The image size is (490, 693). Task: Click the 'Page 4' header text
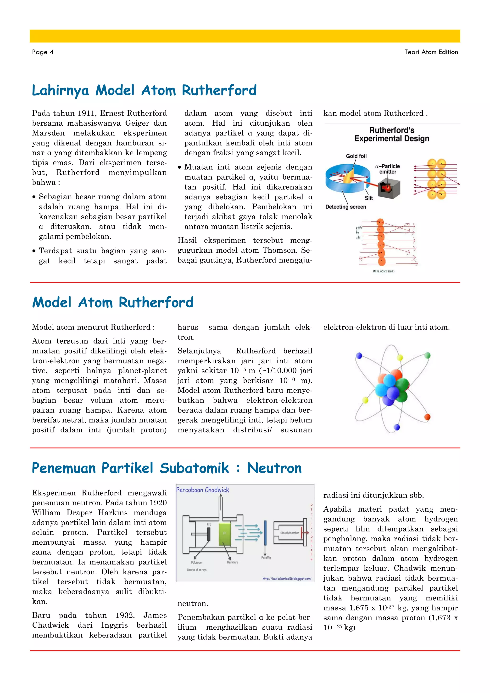[43, 52]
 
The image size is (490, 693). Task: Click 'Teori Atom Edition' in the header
[431, 52]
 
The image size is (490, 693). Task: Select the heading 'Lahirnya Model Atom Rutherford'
[144, 90]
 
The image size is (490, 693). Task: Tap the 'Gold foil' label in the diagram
[356, 156]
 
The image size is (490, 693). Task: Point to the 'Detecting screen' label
[345, 207]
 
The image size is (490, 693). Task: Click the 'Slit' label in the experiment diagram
[369, 198]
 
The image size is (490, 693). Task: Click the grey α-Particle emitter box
[389, 188]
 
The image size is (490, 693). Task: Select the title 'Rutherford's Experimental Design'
[392, 134]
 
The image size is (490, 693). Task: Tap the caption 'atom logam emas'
[383, 271]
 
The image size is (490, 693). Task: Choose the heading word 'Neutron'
[274, 468]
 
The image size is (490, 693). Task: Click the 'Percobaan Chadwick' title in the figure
[202, 490]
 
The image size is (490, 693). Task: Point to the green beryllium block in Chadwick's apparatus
[224, 534]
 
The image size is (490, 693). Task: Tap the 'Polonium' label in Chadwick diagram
[196, 562]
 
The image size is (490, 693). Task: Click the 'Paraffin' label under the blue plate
[266, 558]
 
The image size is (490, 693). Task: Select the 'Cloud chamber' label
[289, 533]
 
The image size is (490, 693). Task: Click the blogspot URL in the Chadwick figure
[286, 579]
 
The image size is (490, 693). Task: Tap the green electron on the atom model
[427, 355]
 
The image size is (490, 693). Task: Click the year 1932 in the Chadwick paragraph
[125, 615]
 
